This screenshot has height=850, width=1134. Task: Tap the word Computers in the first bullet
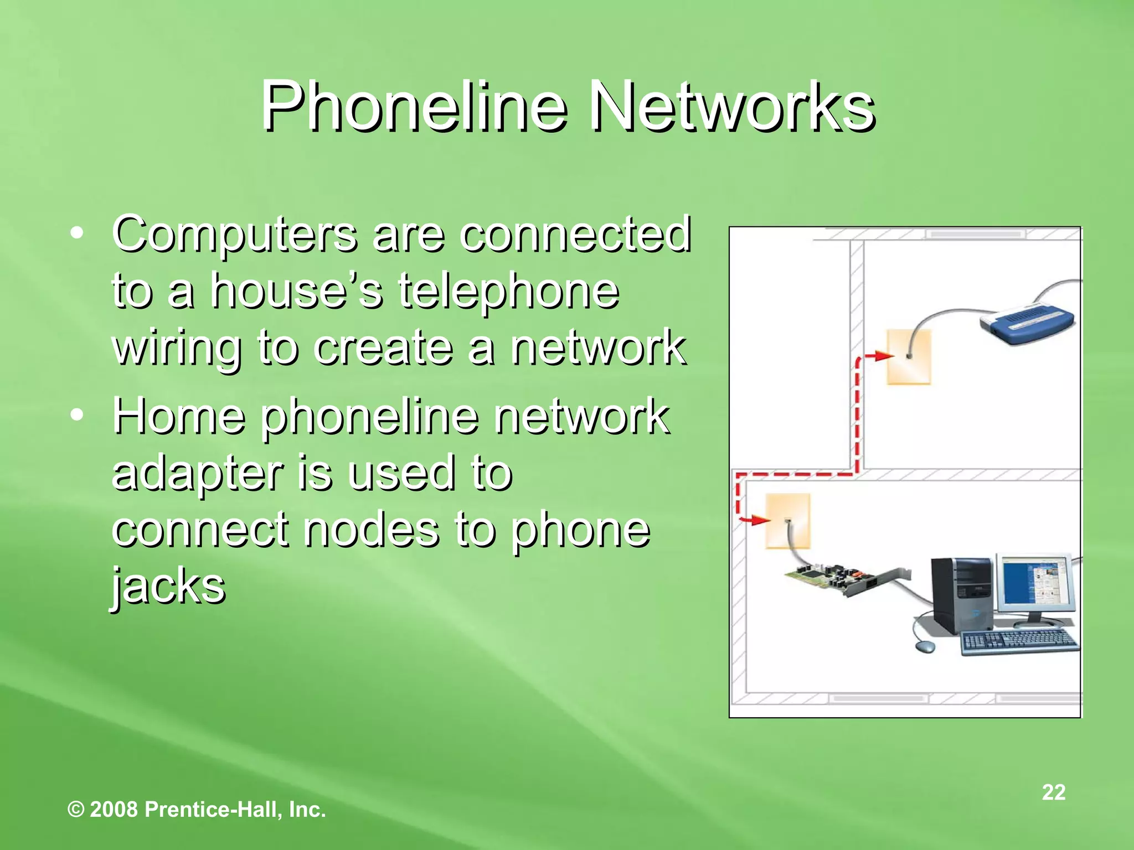click(235, 235)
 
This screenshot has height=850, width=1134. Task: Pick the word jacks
click(168, 587)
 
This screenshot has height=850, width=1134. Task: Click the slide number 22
click(1053, 792)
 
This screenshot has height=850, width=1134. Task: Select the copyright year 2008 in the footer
click(114, 810)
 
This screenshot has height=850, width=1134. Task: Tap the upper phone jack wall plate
click(909, 357)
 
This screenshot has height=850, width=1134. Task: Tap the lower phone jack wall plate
click(787, 521)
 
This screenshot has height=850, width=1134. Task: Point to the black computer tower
click(962, 595)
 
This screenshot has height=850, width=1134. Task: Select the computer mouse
click(924, 646)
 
